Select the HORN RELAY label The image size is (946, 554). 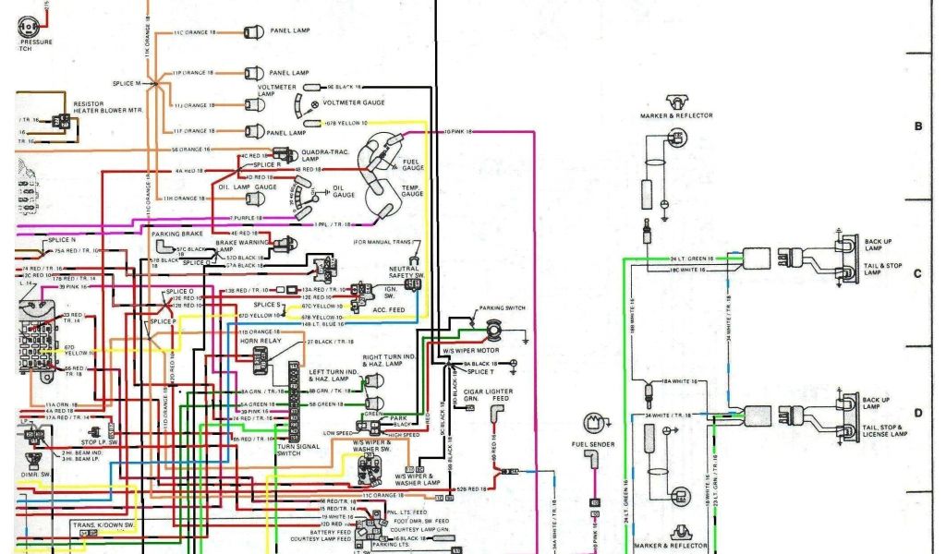coord(260,341)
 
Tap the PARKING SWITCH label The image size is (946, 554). coord(502,307)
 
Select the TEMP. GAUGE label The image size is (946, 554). coord(412,190)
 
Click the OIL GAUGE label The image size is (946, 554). coord(343,193)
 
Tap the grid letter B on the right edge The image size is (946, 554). coord(917,126)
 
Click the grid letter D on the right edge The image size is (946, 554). coord(917,413)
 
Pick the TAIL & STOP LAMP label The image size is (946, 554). coord(882,269)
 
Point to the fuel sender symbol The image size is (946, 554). coord(593,424)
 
